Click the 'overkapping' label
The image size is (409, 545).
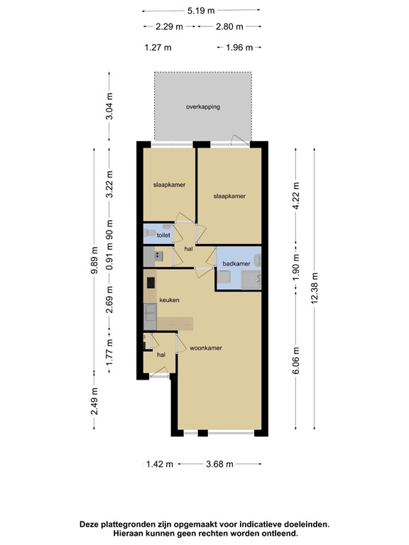(x=203, y=107)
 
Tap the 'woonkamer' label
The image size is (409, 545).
(x=206, y=348)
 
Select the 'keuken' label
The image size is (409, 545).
(x=169, y=300)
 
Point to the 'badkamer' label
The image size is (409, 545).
(x=236, y=263)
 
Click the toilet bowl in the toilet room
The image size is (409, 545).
(x=150, y=233)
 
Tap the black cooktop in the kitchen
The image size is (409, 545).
(x=151, y=282)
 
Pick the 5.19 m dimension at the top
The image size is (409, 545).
(x=201, y=11)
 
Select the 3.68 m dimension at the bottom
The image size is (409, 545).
(x=220, y=465)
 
